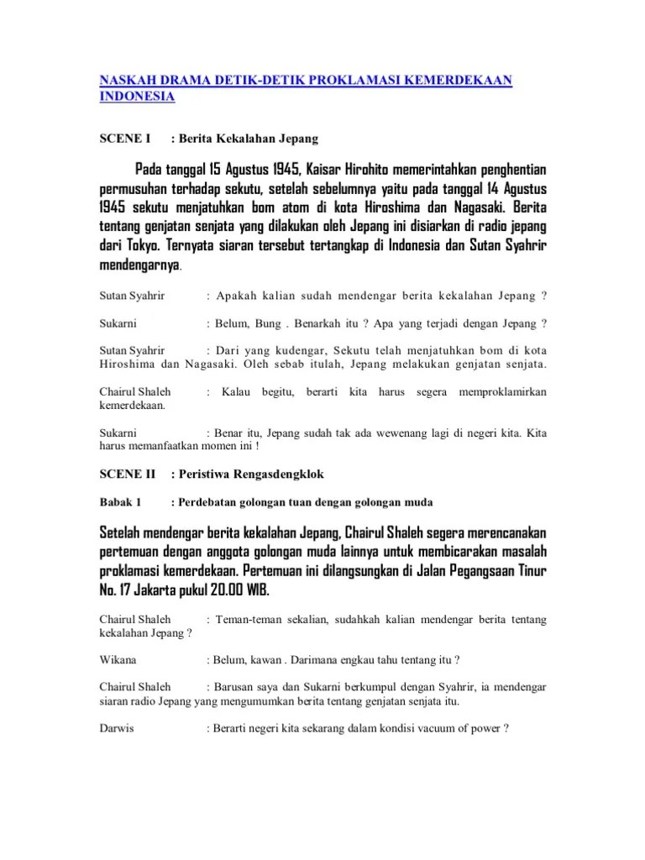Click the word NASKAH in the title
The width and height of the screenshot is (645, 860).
pos(123,79)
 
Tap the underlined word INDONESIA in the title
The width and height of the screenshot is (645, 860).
pos(137,97)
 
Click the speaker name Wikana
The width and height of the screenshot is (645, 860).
pos(118,660)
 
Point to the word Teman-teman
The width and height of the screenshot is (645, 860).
pos(250,620)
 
